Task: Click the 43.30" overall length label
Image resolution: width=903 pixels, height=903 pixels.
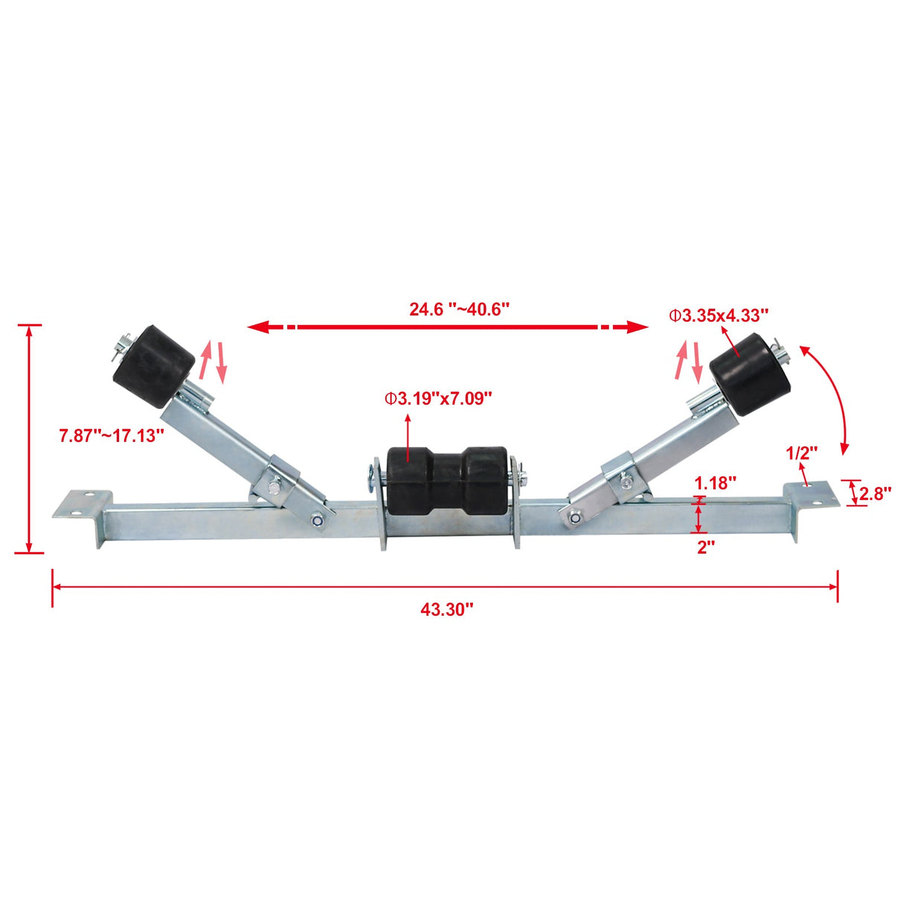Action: tap(446, 610)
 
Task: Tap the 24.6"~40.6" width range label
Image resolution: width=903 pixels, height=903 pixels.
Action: tap(459, 309)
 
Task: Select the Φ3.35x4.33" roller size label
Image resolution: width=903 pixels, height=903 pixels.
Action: tap(719, 315)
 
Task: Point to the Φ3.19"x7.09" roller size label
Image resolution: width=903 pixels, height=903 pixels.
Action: tap(438, 399)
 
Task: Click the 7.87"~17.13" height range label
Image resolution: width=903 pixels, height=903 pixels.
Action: tap(112, 435)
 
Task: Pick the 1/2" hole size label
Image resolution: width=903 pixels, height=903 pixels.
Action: tap(802, 452)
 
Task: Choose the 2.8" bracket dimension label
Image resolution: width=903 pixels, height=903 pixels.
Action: tap(875, 493)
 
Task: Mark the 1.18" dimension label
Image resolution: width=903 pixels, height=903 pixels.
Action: tap(716, 482)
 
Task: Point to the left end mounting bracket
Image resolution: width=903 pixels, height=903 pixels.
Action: tap(83, 509)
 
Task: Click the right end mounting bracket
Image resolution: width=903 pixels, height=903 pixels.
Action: tap(808, 497)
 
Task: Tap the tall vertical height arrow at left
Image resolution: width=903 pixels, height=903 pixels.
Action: tap(29, 439)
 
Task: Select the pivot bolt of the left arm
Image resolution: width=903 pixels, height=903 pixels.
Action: tap(318, 521)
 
